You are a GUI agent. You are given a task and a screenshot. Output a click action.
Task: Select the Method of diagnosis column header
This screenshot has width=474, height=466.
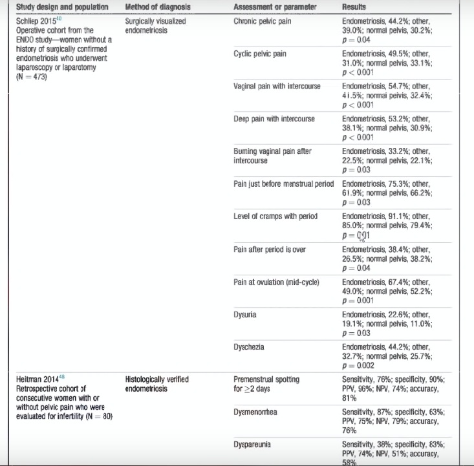[x=157, y=6]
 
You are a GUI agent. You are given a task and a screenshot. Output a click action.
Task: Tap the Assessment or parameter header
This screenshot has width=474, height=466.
[x=275, y=6]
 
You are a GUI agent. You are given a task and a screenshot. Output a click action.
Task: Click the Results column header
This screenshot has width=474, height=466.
[x=354, y=6]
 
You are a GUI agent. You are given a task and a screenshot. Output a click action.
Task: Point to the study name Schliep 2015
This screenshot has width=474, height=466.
[x=37, y=21]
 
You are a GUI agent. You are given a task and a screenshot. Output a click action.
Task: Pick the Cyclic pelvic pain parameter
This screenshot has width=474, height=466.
[x=260, y=54]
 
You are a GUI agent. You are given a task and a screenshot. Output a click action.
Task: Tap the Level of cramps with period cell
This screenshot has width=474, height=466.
[x=275, y=217]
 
